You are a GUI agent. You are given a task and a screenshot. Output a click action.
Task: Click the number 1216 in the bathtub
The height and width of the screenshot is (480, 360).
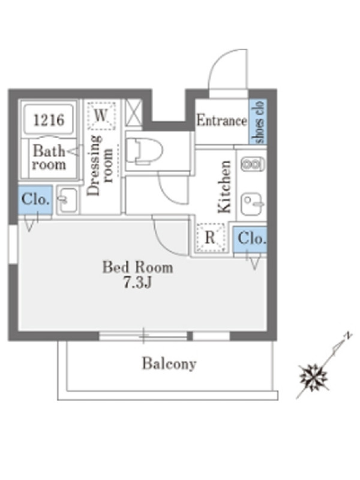coord(49,119)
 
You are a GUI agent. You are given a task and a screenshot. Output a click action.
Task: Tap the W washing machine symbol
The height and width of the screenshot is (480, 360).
coord(101,116)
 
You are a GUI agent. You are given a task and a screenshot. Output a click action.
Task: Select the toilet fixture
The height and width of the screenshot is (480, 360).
coord(144,151)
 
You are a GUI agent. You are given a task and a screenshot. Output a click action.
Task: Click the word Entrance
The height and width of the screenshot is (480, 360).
coord(221,120)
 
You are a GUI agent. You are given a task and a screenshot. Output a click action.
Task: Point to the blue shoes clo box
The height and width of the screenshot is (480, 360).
coord(257,122)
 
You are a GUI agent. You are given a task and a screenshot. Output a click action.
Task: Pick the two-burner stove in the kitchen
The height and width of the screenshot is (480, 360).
coord(253,164)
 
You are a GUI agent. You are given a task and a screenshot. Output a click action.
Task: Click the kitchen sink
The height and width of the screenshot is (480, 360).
coord(252,203)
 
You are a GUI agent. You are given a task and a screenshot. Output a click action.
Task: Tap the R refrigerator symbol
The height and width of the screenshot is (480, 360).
coord(211,238)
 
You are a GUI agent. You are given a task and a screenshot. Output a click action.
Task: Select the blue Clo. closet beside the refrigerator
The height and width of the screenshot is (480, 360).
coord(250,239)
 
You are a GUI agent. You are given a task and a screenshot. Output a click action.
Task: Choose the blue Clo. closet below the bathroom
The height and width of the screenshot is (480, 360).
coord(35,200)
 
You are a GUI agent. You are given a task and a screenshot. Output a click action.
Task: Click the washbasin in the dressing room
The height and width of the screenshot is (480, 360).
coord(68,200)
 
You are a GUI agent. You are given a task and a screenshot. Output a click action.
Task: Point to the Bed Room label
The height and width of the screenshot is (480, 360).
coord(138,267)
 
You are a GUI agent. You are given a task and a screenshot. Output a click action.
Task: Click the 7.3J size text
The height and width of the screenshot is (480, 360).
coord(137,282)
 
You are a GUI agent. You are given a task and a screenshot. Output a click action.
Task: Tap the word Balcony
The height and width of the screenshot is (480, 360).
coord(169,364)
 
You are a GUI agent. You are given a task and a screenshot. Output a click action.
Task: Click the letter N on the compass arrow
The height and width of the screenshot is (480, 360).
coord(347,335)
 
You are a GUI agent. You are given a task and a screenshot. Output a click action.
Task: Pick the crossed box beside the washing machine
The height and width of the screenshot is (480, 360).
coord(134,112)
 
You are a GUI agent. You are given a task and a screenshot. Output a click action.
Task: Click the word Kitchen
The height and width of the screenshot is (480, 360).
coord(224,187)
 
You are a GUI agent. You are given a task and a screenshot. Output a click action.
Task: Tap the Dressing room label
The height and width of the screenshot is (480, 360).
coord(100,166)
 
